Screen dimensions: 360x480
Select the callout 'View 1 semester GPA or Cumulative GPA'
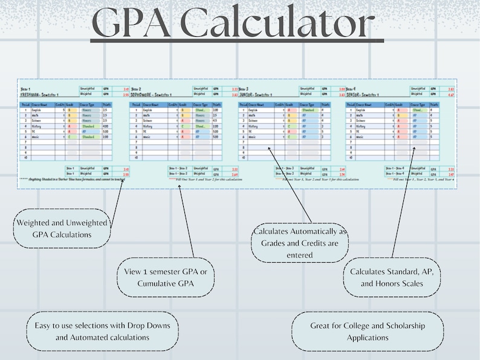coord(163,278)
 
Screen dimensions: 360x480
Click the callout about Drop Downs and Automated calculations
coord(102,331)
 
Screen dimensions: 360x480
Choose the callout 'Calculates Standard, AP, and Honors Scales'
coord(391,277)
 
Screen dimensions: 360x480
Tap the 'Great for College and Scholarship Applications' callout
coord(367,331)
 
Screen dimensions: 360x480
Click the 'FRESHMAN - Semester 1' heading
coord(43,95)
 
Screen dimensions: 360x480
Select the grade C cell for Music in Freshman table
coord(70,137)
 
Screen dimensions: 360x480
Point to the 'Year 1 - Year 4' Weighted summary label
coord(394,175)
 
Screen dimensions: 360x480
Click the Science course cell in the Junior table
coord(255,121)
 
